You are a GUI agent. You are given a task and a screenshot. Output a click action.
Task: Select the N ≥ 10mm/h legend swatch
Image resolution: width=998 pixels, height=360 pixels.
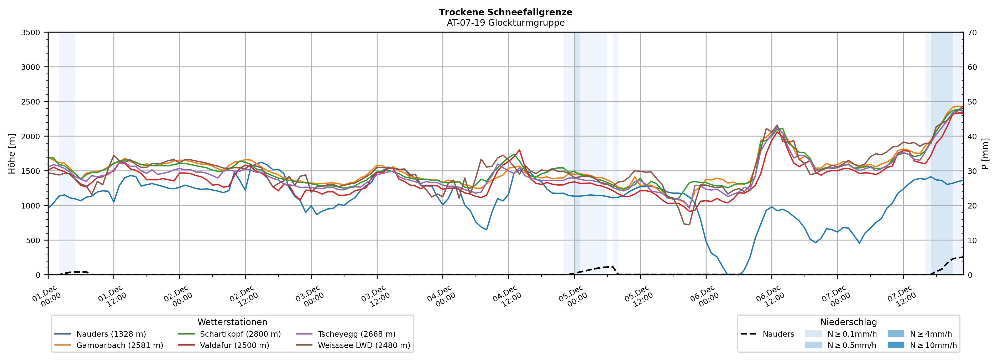pyautogui.click(x=895, y=345)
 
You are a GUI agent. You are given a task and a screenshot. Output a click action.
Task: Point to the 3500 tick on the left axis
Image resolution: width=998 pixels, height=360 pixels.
pyautogui.click(x=31, y=33)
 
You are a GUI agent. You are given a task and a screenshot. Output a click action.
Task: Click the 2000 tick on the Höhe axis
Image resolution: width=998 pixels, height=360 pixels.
pyautogui.click(x=31, y=136)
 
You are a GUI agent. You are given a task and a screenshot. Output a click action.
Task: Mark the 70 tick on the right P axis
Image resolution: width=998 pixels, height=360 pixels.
pyautogui.click(x=972, y=33)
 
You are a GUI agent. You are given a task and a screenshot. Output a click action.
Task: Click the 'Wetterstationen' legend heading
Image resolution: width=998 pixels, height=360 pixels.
pyautogui.click(x=232, y=322)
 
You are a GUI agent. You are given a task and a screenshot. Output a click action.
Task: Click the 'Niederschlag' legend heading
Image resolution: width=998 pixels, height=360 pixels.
pyautogui.click(x=848, y=322)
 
